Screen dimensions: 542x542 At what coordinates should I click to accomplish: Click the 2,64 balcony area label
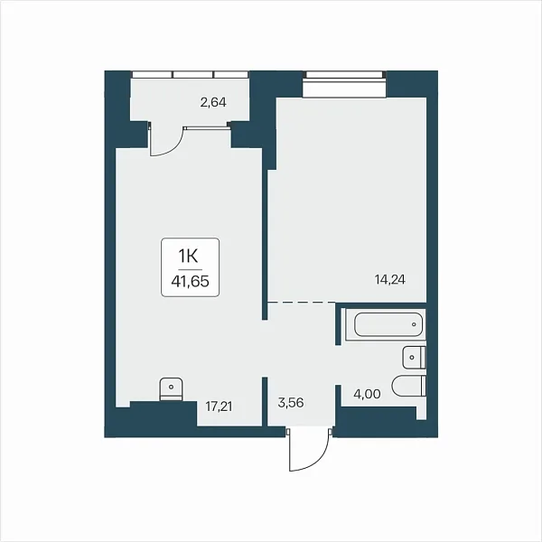coord(213,102)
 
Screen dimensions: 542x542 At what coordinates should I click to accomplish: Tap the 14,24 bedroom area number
coord(390,279)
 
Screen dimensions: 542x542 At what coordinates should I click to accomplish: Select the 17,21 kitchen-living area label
coord(219,406)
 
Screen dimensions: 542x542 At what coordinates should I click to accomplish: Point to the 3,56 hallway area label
coord(291,402)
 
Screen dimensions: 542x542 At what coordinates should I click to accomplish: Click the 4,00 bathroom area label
coord(367,394)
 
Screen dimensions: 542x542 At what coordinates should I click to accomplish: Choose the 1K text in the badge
coord(190,257)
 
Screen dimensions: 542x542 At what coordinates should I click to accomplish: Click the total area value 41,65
coord(190,282)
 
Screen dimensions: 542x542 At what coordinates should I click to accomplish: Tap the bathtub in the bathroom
coord(388,324)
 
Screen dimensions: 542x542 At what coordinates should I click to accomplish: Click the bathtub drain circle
coord(414,324)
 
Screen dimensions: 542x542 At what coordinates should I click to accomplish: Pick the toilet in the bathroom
coord(409,386)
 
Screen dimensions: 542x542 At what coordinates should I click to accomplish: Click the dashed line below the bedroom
coord(302,302)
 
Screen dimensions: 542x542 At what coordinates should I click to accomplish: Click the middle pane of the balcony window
coord(193,75)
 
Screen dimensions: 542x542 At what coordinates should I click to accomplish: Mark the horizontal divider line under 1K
coord(190,269)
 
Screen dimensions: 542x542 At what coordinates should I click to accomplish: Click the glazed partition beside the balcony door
coord(208,127)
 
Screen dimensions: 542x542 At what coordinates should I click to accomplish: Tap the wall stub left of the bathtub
coord(338,324)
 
